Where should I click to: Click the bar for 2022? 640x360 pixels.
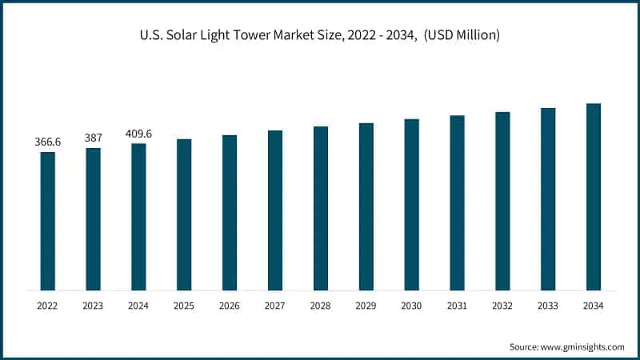click(48, 221)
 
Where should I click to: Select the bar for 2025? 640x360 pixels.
click(184, 214)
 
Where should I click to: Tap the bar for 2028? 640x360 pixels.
click(321, 208)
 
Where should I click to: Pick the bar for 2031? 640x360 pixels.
click(457, 202)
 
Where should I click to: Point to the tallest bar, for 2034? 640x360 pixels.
click(593, 197)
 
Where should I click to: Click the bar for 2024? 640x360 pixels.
click(138, 217)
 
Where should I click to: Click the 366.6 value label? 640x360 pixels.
click(48, 142)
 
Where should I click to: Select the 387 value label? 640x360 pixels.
click(94, 138)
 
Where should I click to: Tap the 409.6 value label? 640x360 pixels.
click(138, 134)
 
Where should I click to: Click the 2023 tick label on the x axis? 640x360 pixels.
click(94, 306)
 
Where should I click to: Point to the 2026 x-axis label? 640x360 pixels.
click(230, 306)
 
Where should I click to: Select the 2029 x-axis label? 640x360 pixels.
click(366, 306)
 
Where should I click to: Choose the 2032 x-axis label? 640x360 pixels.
click(502, 306)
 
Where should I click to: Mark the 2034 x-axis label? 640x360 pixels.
click(593, 306)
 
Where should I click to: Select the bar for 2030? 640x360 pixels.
click(411, 204)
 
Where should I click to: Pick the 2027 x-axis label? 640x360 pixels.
click(275, 306)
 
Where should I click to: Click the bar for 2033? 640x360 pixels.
click(548, 198)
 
